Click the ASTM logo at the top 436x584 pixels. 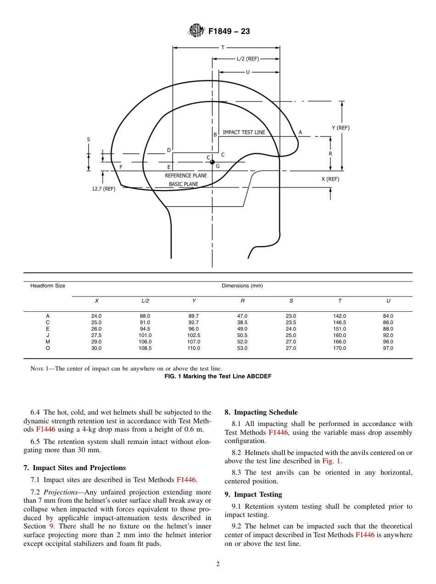point(196,31)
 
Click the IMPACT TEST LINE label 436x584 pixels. point(244,132)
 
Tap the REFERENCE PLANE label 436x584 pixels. point(185,175)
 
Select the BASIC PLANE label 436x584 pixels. point(184,184)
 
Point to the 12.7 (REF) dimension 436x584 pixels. point(104,188)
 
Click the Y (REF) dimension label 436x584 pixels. point(341,128)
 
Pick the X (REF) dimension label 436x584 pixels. point(330,179)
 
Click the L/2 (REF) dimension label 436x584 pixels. point(247,59)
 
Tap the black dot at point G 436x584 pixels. point(212,162)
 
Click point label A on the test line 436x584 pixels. point(301,132)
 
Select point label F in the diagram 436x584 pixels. point(121,167)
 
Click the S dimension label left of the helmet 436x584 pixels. point(89,139)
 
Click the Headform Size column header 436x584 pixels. point(48,286)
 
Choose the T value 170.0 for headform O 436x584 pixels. point(340,348)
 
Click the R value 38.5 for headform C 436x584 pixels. point(242,322)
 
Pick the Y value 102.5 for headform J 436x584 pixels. point(194,335)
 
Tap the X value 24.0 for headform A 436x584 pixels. point(96,316)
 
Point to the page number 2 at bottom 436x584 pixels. point(218,564)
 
